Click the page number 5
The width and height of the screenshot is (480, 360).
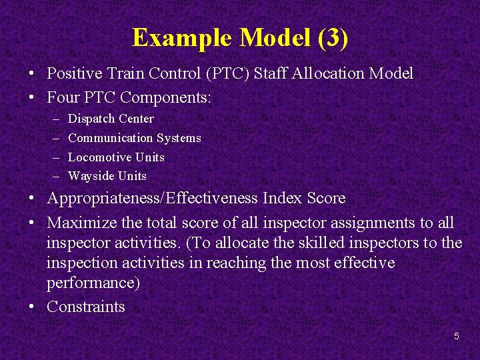click(456, 336)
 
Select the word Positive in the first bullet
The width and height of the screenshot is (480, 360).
click(75, 73)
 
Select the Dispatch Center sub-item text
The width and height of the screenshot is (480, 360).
click(111, 119)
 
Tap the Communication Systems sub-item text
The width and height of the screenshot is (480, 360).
click(134, 138)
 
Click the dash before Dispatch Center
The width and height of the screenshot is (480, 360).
click(54, 119)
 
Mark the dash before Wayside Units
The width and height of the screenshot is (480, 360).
click(54, 176)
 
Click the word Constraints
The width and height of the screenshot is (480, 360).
click(85, 307)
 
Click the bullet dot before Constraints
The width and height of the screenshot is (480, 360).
click(32, 307)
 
